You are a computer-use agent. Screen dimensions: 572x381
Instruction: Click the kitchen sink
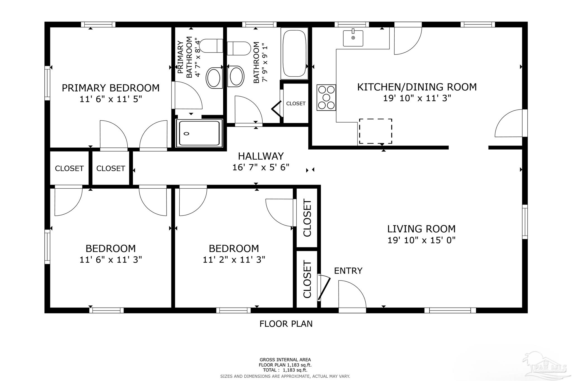tap(353, 38)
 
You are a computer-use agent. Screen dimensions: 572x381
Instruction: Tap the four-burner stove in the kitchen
tap(326, 97)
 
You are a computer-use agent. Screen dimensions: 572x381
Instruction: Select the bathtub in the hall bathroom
tap(294, 53)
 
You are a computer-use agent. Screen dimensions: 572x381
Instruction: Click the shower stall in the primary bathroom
tap(199, 133)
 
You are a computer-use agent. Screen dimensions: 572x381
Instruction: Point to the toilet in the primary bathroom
tap(211, 46)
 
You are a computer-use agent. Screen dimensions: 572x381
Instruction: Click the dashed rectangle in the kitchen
tap(375, 131)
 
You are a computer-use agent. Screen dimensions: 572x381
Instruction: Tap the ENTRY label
tap(348, 270)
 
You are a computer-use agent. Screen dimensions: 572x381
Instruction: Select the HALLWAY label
tap(261, 156)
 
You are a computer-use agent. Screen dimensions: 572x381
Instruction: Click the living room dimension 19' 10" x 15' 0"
tap(421, 240)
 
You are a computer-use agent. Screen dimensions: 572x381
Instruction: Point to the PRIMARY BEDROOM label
tap(111, 88)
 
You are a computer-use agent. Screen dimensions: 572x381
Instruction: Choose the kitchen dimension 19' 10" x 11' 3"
tap(417, 98)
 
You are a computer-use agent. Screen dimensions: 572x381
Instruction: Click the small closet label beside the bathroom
tap(296, 104)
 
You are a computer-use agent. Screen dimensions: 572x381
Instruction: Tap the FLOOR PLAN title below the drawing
tap(286, 324)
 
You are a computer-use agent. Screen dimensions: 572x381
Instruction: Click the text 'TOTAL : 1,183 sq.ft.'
tap(285, 370)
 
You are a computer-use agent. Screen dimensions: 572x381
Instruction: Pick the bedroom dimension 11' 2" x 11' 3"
tap(234, 260)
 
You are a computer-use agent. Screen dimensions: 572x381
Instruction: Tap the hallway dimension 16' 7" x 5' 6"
tap(261, 167)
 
